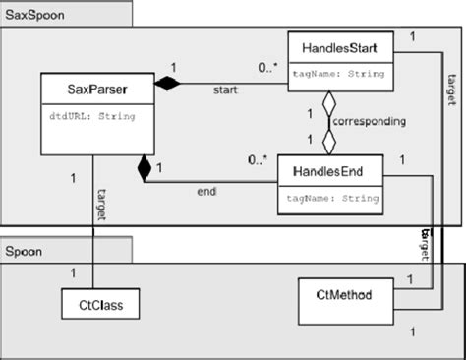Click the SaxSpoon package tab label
pos(35,14)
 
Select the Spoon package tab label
pos(28,250)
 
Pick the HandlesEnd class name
pos(329,172)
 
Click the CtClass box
pos(99,305)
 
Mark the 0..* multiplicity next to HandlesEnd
pos(259,159)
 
